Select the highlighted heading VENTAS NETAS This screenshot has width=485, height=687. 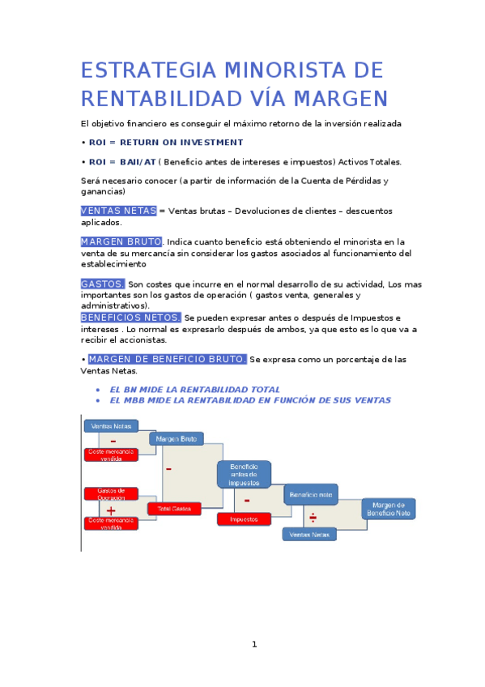pos(118,211)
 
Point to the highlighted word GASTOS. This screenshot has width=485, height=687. pos(103,284)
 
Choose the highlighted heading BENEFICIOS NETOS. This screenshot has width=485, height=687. pos(130,318)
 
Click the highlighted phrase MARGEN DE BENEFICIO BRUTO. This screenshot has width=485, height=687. pos(167,359)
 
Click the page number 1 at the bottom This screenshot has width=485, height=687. pos(253,644)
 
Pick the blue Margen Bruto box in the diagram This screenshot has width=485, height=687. pos(176,438)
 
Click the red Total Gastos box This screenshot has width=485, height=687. pos(174,509)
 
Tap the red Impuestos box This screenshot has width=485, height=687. pos(244,519)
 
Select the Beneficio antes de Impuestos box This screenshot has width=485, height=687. pos(244,475)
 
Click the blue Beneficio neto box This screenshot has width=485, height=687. pos(311,494)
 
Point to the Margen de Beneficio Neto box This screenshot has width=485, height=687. pos(388,509)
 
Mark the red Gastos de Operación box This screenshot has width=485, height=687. pos(111,494)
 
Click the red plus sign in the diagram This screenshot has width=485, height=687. pos(111,510)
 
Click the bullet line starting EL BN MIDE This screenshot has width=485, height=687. pos(194,390)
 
